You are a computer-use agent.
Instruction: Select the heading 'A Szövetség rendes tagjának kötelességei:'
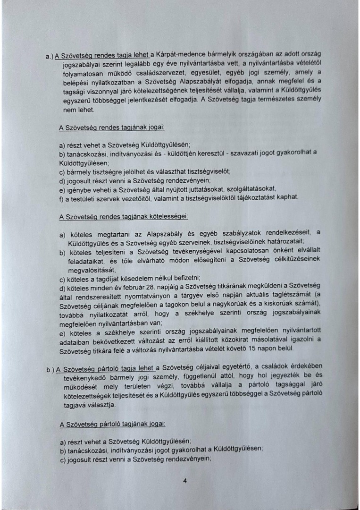124,216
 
